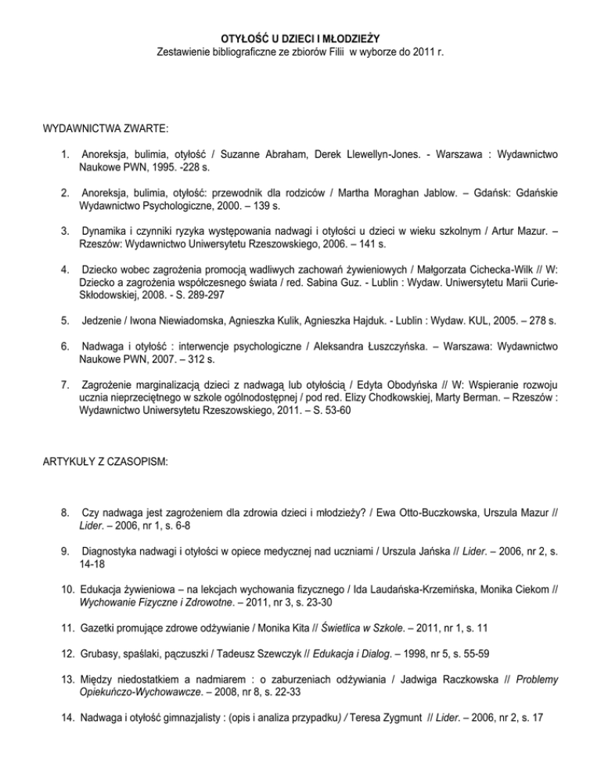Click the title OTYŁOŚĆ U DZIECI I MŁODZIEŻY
(x=300, y=38)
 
